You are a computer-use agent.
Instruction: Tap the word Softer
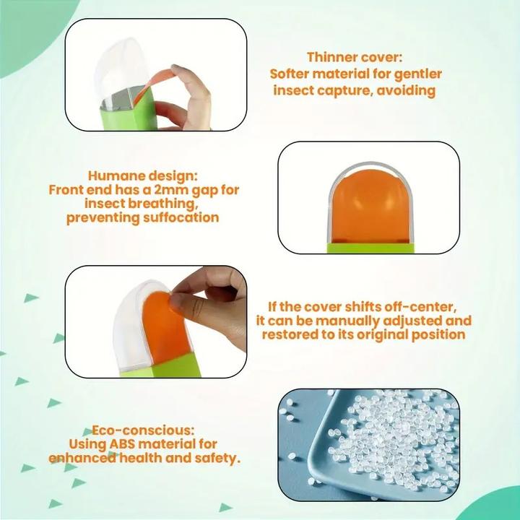click(289, 74)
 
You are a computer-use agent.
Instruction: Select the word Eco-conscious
click(143, 430)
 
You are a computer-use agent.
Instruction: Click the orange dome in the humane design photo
click(370, 207)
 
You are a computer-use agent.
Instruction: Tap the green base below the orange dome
click(370, 248)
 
